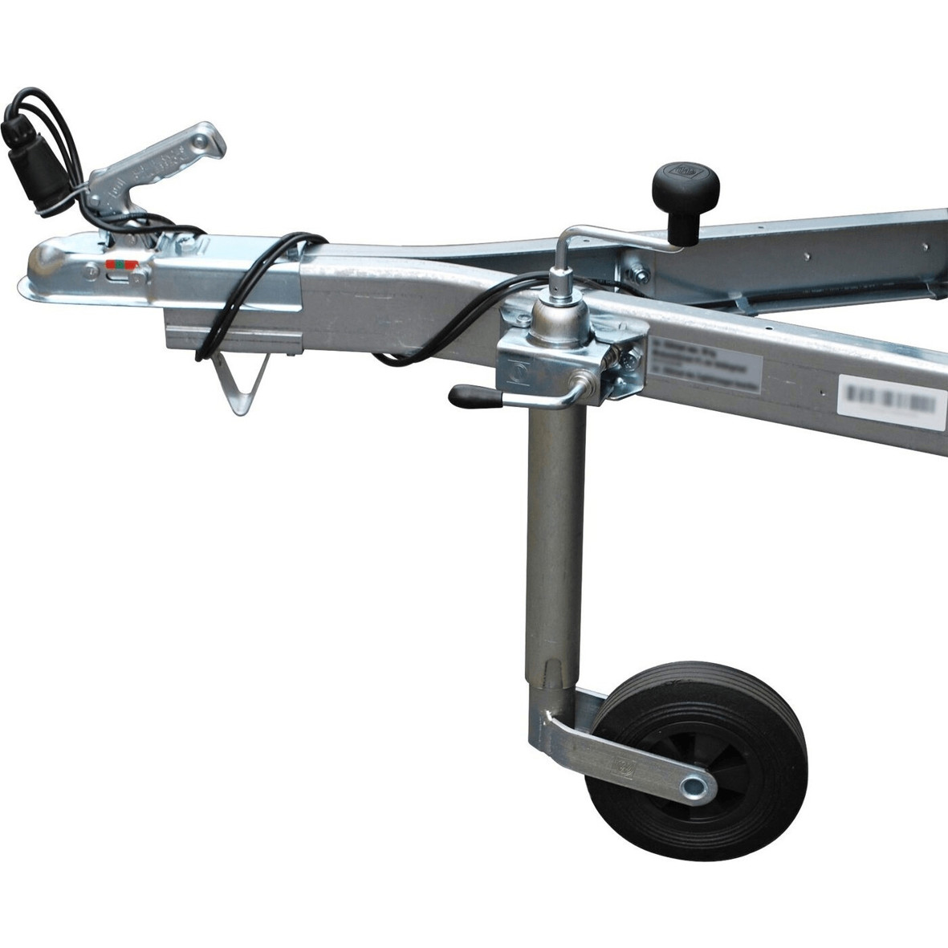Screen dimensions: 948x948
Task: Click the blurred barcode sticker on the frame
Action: [891, 398]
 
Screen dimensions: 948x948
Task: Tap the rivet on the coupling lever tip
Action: [196, 144]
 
